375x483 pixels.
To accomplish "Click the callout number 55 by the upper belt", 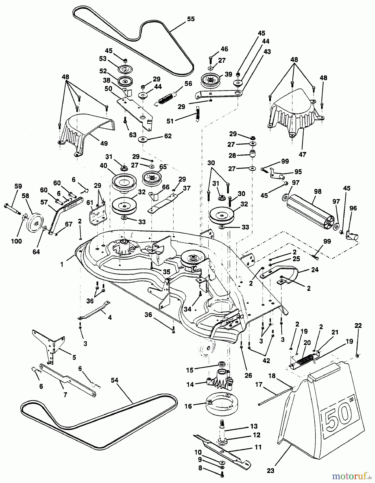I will point(191,19).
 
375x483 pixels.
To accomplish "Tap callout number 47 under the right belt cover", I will point(303,155).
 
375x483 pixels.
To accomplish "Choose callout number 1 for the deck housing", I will point(62,264).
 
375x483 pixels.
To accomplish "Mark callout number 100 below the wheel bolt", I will point(16,241).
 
